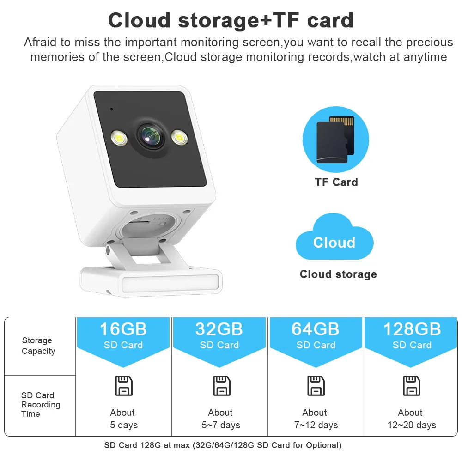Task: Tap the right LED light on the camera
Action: pyautogui.click(x=178, y=136)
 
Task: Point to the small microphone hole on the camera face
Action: pyautogui.click(x=112, y=109)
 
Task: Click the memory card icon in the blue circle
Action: pyautogui.click(x=335, y=139)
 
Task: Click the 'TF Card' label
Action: pyautogui.click(x=336, y=182)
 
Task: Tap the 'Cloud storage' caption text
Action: pyautogui.click(x=338, y=274)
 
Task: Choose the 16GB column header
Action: pyautogui.click(x=123, y=336)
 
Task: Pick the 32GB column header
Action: pyautogui.click(x=219, y=336)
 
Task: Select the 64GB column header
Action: pyautogui.click(x=316, y=336)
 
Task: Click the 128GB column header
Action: pyautogui.click(x=412, y=336)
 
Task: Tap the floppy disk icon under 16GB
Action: pyautogui.click(x=123, y=385)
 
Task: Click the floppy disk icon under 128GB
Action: pyautogui.click(x=412, y=385)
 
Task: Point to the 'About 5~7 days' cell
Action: pyautogui.click(x=220, y=419)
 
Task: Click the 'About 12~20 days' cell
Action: pyautogui.click(x=411, y=419)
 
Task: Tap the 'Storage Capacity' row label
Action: pyautogui.click(x=38, y=346)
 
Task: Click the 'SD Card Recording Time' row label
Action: pyautogui.click(x=40, y=404)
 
